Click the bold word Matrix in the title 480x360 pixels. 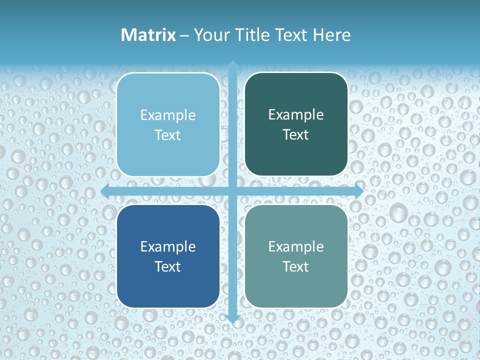(148, 35)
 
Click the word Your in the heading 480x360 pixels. (210, 35)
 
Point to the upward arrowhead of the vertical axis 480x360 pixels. (232, 64)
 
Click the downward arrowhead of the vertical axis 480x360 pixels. (232, 318)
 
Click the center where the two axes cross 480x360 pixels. (232, 191)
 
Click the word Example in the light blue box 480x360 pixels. (168, 115)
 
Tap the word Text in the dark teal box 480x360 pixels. (296, 135)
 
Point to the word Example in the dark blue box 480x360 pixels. (168, 247)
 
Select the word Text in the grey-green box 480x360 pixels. (296, 266)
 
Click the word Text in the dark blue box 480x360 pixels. (168, 266)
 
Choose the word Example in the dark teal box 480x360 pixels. (296, 115)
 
